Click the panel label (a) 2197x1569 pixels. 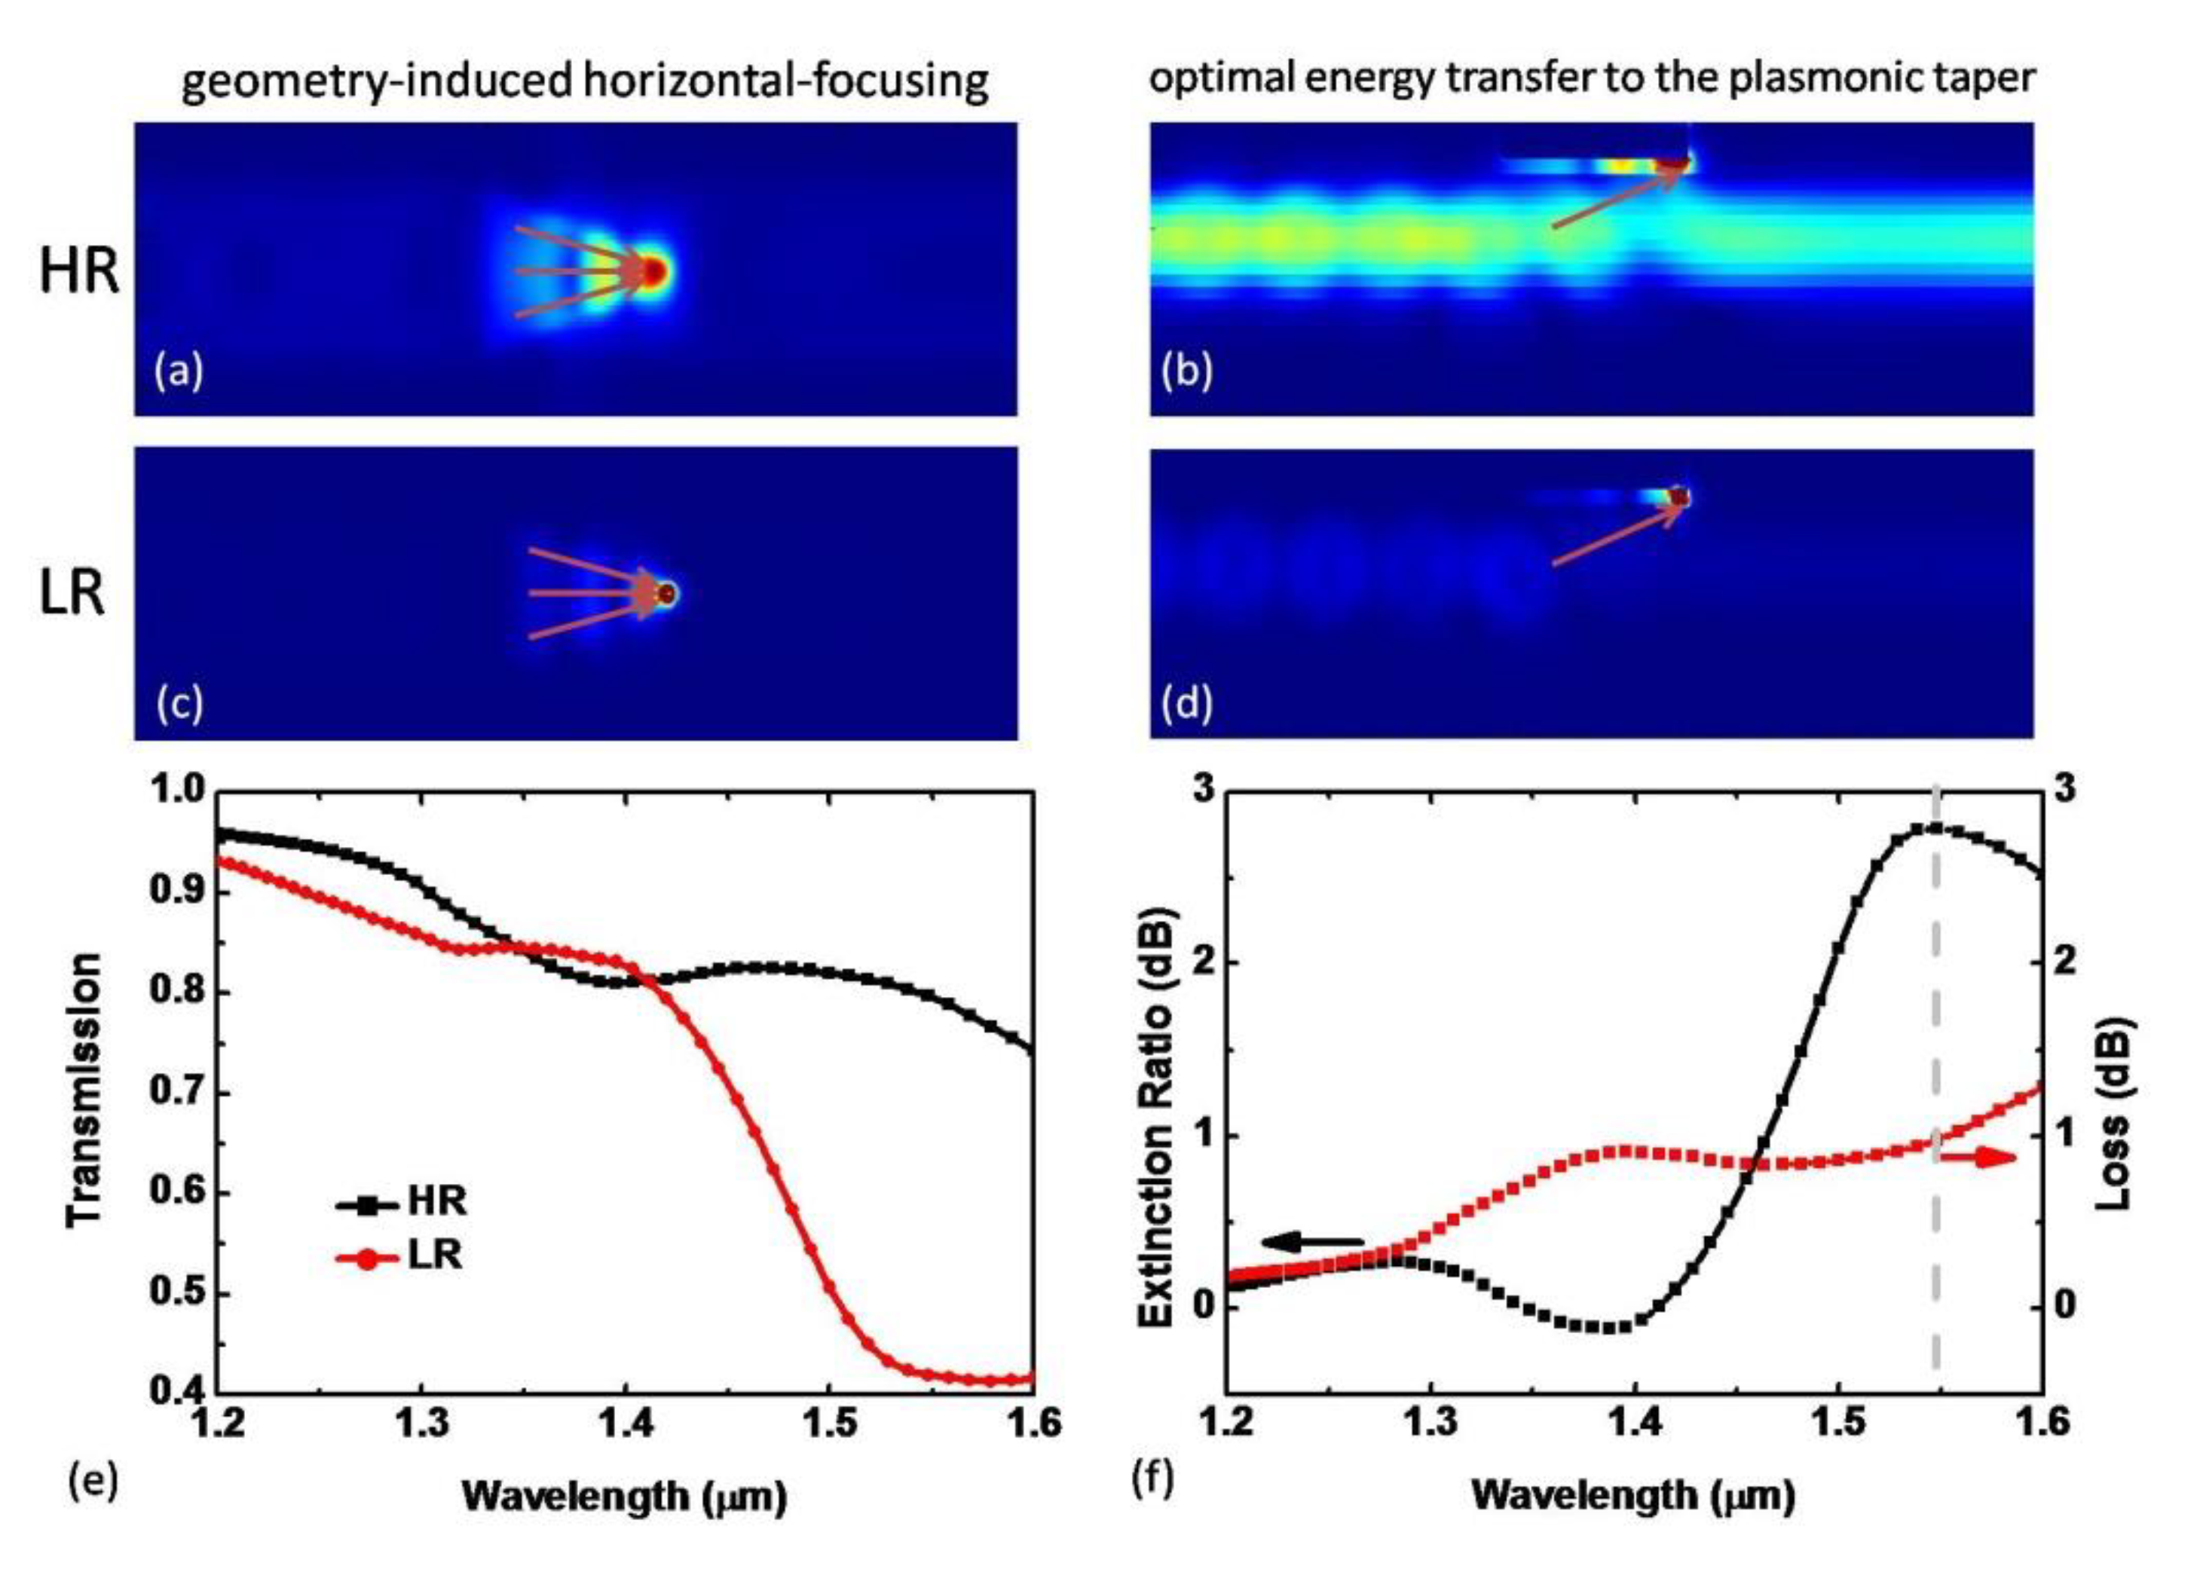click(179, 372)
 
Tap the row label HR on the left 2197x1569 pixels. click(79, 273)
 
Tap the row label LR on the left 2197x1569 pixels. click(72, 593)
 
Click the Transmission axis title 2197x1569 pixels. click(85, 1090)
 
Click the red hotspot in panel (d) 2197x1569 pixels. click(1680, 497)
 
